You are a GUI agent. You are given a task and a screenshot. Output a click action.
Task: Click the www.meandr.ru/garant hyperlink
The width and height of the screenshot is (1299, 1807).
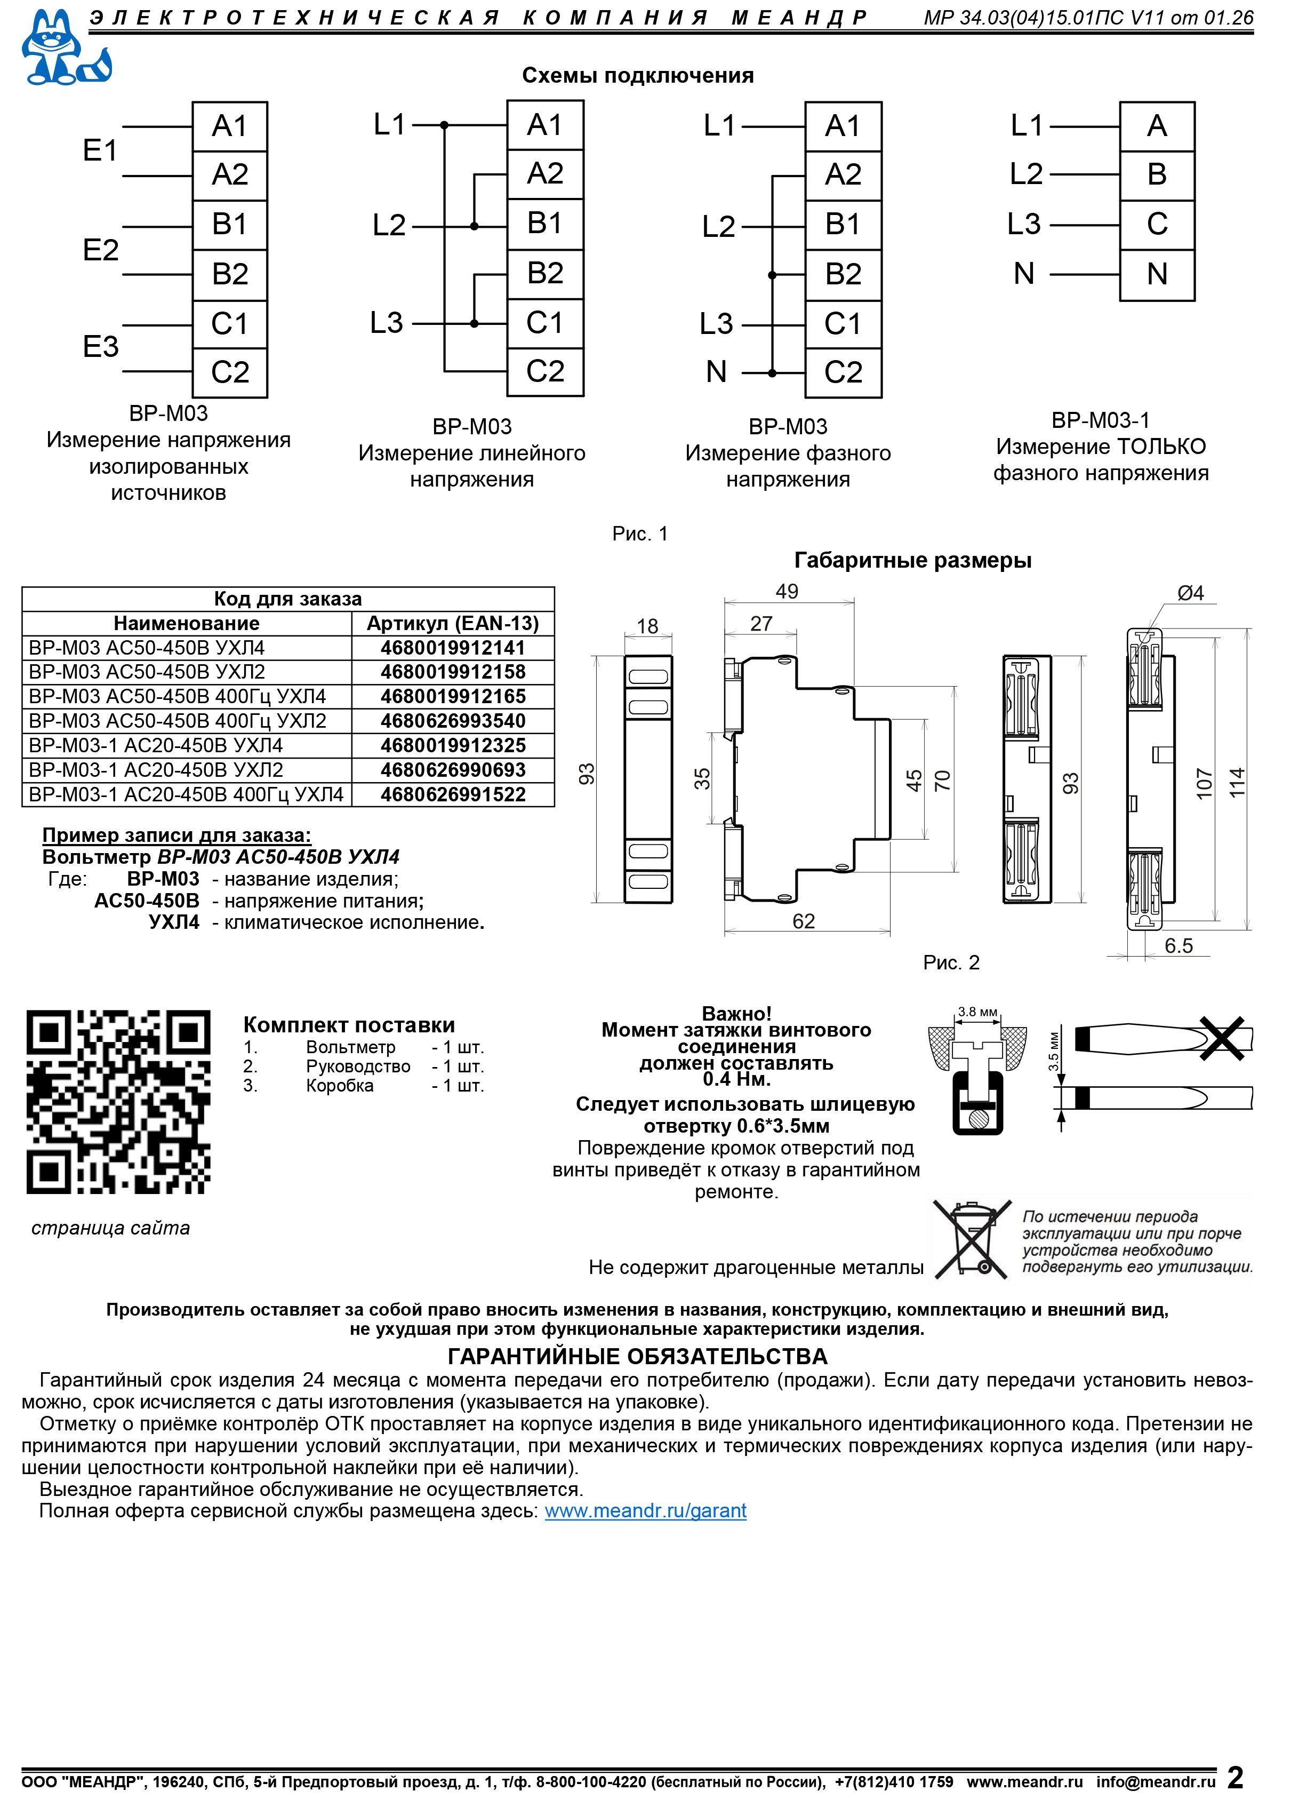645,1510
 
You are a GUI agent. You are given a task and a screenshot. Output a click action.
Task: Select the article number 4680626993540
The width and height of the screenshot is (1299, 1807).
453,721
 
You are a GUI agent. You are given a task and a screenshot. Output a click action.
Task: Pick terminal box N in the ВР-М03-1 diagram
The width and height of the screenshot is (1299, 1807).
1157,275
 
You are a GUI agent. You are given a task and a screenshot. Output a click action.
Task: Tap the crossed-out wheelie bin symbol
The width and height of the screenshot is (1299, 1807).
973,1240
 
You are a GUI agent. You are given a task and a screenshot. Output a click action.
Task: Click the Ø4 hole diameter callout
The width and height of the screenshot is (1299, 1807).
1191,593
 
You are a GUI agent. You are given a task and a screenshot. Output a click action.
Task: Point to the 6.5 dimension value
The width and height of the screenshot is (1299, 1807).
1178,946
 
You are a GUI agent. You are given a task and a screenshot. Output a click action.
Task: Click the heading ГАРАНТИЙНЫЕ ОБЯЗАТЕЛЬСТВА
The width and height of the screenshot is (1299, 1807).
638,1356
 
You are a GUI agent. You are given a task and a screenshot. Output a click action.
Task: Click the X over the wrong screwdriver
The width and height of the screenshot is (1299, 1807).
1223,1039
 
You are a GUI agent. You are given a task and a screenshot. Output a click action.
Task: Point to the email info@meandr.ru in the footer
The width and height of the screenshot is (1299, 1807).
1156,1781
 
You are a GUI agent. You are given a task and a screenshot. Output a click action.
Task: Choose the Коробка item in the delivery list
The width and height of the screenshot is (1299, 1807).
339,1086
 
